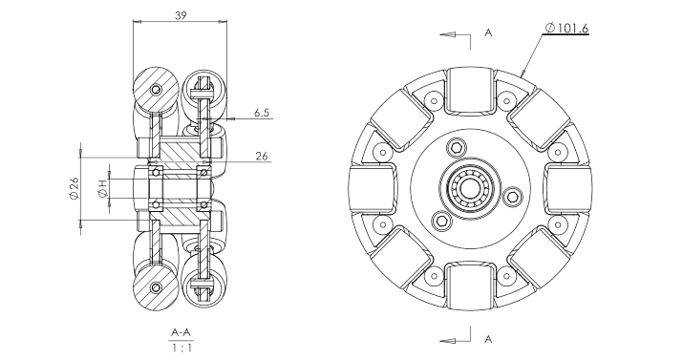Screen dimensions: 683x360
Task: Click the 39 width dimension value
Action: [x=181, y=15]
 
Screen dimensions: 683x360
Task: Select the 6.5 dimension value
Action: [x=262, y=113]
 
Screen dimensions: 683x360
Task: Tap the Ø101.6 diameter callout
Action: [x=566, y=29]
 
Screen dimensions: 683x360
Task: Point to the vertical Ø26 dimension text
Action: [x=75, y=188]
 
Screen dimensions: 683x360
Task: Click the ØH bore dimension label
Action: [x=103, y=188]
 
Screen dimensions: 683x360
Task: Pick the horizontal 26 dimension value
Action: [x=262, y=156]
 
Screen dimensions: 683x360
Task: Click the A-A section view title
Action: [x=181, y=333]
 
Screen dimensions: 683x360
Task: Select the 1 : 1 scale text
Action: [x=181, y=348]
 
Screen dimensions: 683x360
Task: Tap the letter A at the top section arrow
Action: [x=488, y=32]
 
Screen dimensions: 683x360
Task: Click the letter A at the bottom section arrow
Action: [x=488, y=339]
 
